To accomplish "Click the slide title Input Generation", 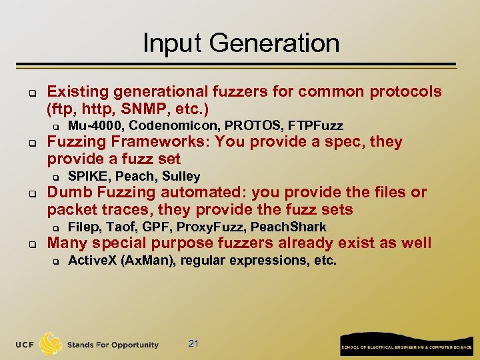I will click(x=241, y=43).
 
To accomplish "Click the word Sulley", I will click(x=181, y=177).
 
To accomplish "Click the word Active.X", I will click(x=93, y=261).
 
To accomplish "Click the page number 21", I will click(x=194, y=343).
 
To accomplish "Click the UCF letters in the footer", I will click(x=25, y=345).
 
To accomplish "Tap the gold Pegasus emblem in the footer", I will click(x=51, y=343).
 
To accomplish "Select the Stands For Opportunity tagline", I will click(x=113, y=345).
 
